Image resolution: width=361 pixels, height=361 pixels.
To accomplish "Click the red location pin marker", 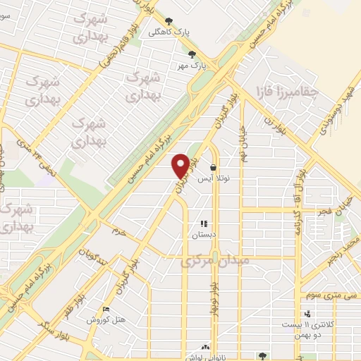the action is (180, 166).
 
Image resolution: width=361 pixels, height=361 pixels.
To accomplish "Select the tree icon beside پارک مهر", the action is (192, 54).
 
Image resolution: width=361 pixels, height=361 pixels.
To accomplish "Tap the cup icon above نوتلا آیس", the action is (213, 167).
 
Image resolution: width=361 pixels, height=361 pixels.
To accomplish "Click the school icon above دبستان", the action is (204, 224).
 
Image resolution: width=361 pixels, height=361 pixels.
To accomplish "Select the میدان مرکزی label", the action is (216, 261).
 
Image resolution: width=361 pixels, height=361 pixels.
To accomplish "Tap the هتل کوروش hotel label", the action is (106, 320).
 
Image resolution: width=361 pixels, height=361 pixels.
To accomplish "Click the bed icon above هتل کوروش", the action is (106, 309).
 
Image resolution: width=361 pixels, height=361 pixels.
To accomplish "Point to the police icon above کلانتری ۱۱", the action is (307, 313).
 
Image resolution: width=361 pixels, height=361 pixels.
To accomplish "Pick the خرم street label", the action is (116, 230).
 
